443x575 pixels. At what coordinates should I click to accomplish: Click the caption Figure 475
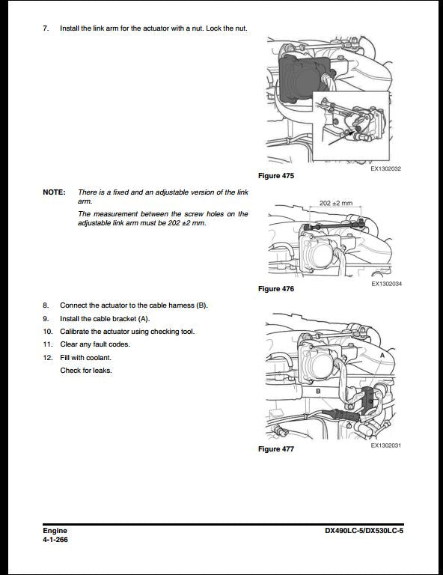275,176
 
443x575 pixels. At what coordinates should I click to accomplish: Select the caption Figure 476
275,289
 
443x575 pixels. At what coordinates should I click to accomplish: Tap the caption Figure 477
275,449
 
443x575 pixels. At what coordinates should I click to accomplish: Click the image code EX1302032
385,169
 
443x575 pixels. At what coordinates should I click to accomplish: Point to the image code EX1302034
385,285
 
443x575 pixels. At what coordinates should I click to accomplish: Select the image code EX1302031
385,445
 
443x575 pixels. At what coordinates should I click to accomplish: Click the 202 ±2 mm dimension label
334,203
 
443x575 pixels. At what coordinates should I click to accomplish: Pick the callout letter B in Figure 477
317,391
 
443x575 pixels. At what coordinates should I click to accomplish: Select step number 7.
46,28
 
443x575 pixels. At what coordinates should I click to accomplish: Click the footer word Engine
55,531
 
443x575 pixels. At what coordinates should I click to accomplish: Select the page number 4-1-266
56,540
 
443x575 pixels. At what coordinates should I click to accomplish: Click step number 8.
46,305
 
